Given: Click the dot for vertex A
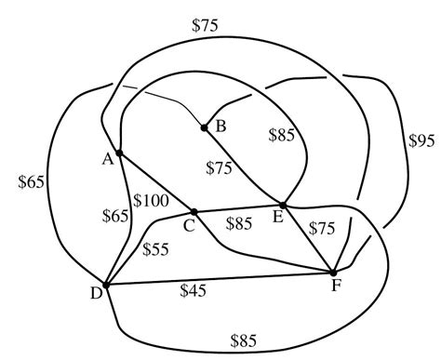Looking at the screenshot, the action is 119,153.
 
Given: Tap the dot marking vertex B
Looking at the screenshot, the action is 204,127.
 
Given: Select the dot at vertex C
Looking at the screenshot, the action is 194,211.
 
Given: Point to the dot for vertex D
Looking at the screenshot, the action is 106,286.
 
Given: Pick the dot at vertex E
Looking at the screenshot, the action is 282,205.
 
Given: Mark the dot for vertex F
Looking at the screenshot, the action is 333,273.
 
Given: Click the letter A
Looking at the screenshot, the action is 108,159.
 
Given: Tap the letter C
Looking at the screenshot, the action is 189,224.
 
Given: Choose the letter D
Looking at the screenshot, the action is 95,295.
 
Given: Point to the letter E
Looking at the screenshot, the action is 278,219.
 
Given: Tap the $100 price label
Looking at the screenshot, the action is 150,199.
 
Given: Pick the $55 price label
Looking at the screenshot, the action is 157,249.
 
